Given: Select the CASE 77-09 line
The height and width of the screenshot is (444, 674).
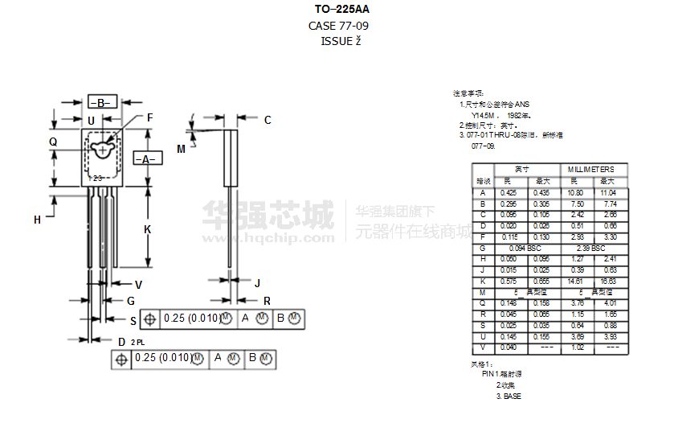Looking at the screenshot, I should pos(338,26).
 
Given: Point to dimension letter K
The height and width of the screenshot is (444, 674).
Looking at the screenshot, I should pos(147,229).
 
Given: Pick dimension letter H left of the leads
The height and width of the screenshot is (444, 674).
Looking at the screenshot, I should pos(37,220).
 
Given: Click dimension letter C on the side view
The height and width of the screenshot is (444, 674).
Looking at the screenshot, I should pos(268,121).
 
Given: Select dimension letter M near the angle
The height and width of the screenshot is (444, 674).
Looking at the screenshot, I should pos(181,149).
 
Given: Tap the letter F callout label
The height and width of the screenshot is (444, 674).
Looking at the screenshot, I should pos(149,117).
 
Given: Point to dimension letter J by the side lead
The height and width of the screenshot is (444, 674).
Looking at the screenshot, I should pos(257,283).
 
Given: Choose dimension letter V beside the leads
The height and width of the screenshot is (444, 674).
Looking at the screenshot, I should pos(138,284).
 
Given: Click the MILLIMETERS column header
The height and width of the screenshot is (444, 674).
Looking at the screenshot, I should pos(590,169).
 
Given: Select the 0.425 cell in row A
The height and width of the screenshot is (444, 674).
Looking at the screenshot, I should pos(508,193).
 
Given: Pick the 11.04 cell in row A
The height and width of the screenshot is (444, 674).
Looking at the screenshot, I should pos(609,193).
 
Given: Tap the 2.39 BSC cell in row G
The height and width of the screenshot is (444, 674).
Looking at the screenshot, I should pos(590,249).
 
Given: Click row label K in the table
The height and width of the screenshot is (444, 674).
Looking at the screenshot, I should pos(483,282).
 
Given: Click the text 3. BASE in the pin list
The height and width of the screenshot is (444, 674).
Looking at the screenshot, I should pos(509,397).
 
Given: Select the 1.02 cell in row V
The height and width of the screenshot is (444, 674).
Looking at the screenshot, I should pos(575,347).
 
